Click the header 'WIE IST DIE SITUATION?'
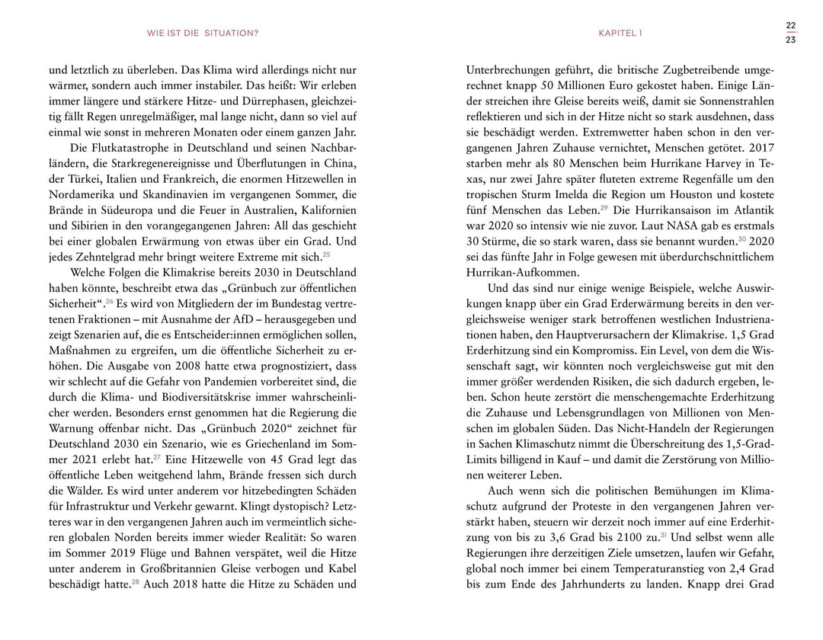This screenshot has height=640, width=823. [x=203, y=33]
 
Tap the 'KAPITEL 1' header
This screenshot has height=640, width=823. [x=620, y=33]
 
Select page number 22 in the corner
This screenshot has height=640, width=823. [x=790, y=25]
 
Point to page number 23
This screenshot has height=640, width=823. [x=790, y=40]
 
